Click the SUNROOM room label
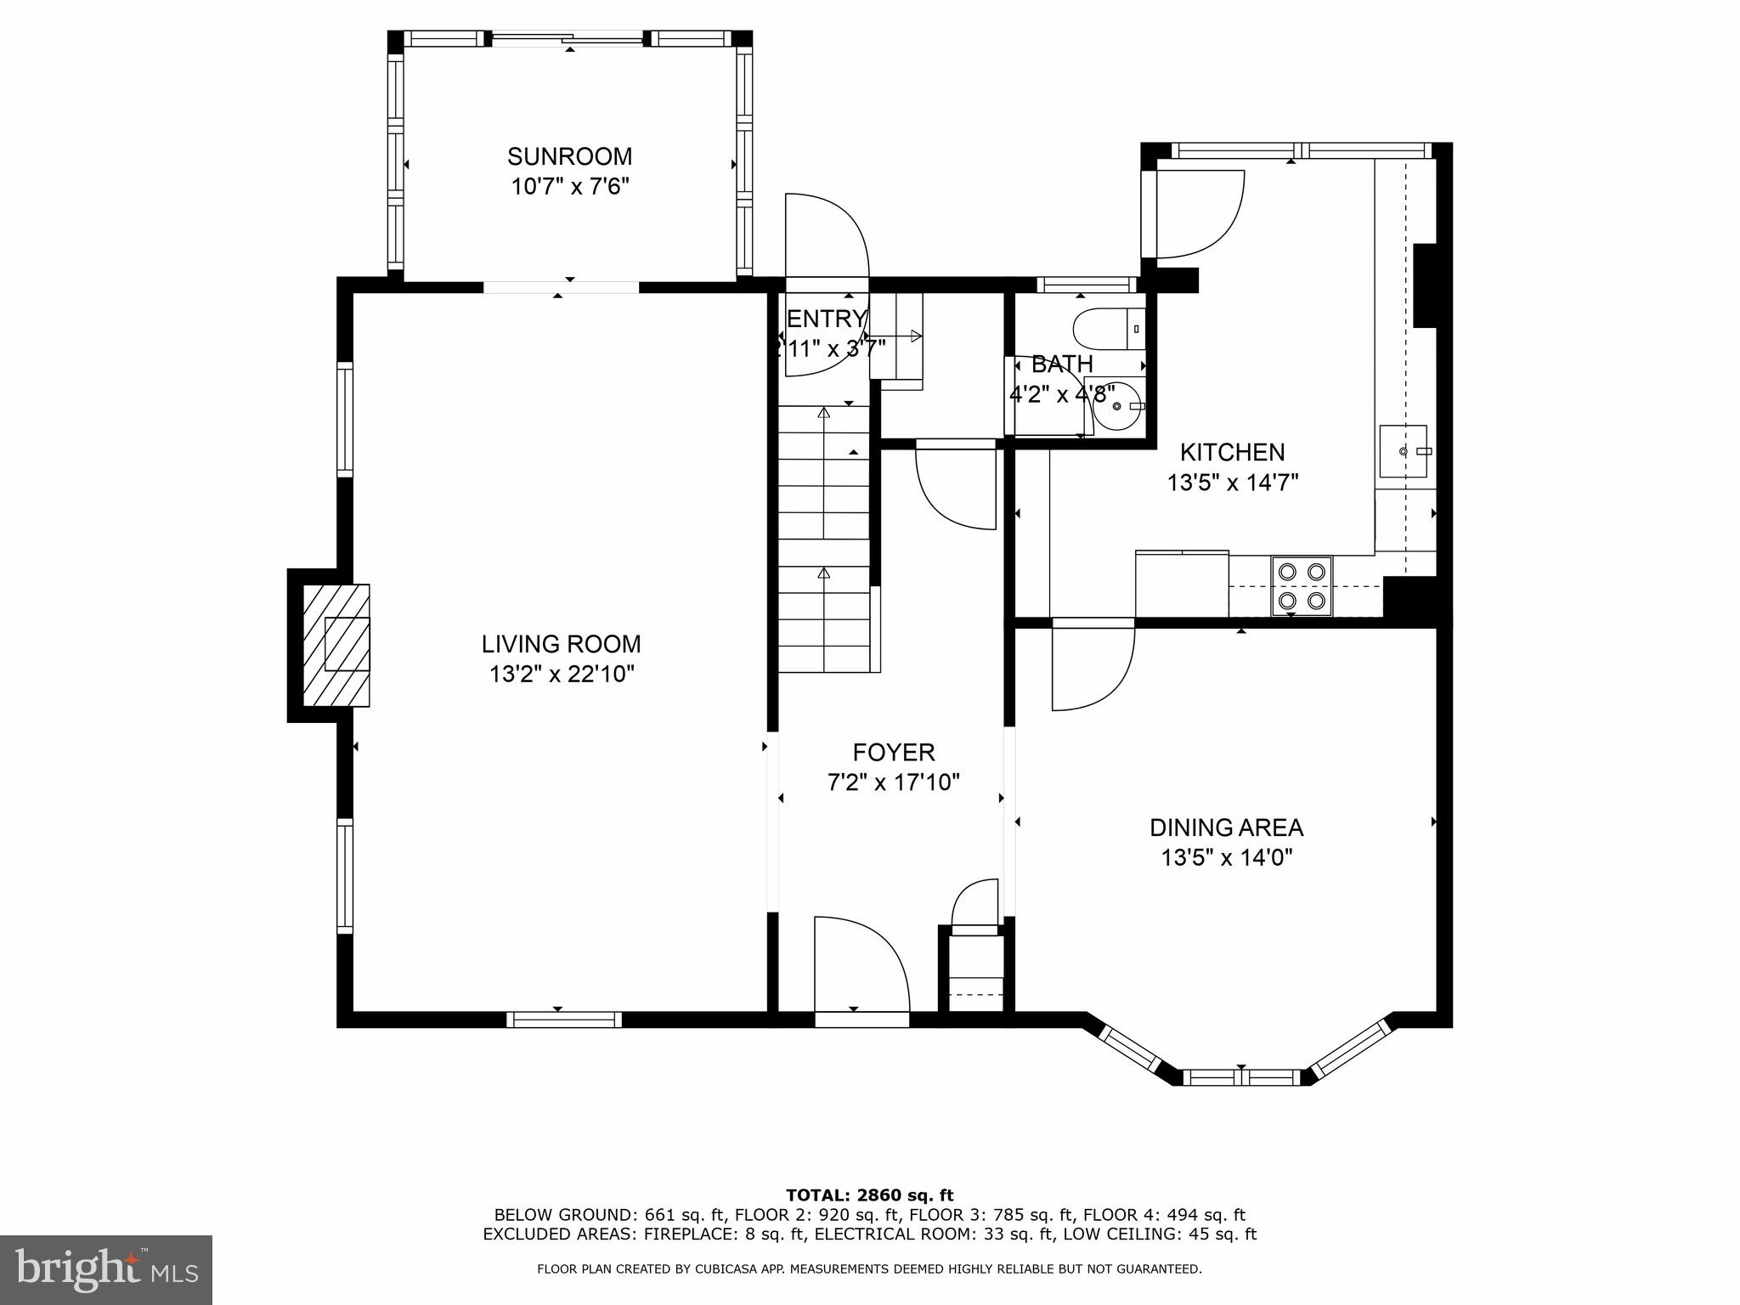(569, 156)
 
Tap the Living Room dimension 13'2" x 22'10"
(562, 675)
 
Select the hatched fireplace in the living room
(336, 645)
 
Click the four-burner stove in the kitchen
(1302, 585)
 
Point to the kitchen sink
(1403, 451)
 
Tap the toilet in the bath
(1109, 328)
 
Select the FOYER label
(894, 752)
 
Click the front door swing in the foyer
(862, 964)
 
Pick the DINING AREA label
(1226, 828)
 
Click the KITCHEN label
(1233, 452)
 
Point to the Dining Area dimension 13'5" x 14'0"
(1227, 858)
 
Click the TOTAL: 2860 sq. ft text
(869, 1196)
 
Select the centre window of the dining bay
(1241, 1077)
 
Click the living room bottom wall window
(564, 1020)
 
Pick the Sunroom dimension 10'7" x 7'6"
(570, 186)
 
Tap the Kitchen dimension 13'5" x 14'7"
(1233, 483)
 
